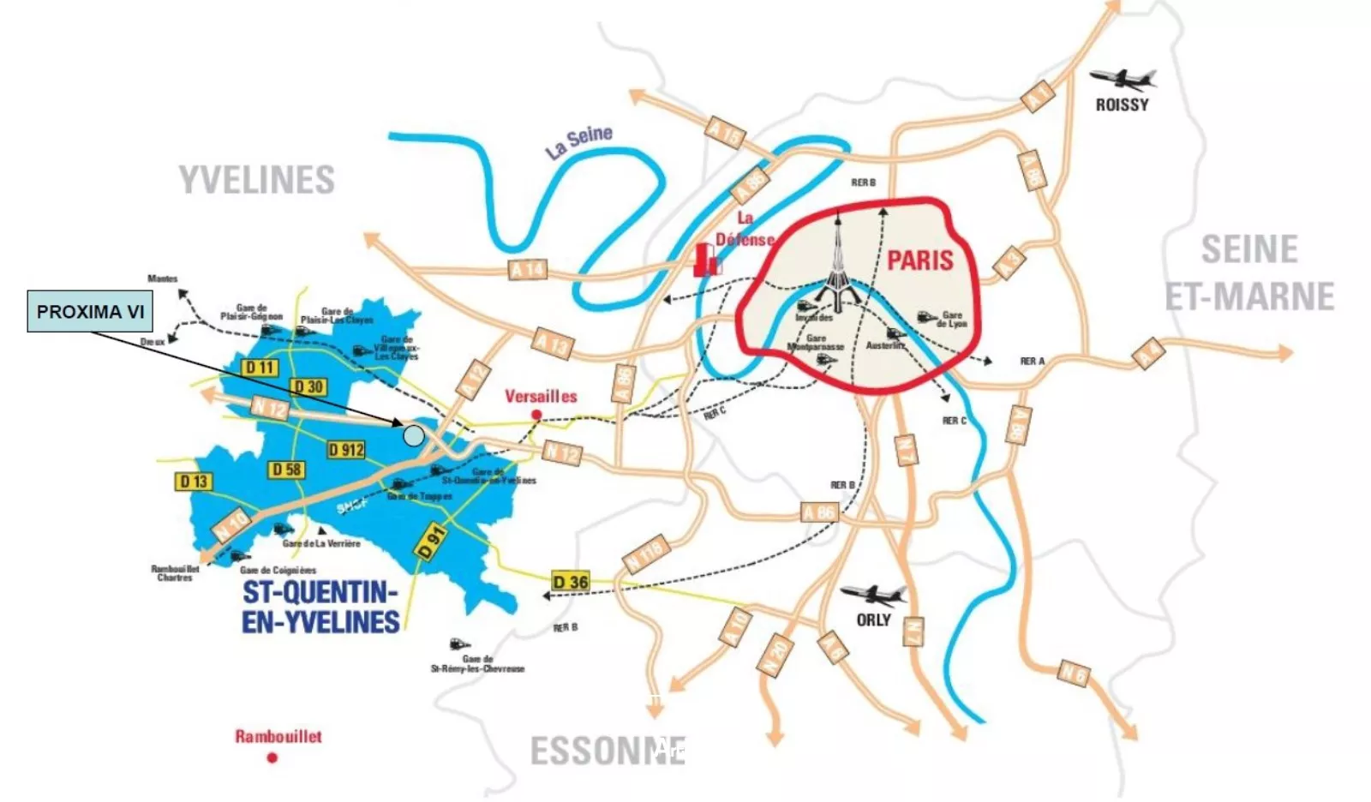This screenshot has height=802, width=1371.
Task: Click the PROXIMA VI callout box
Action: coord(90,311)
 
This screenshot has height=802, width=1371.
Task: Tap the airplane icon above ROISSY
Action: coord(1123,80)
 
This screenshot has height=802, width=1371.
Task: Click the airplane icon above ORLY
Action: coord(872,594)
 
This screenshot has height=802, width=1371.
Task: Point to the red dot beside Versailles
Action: coord(536,415)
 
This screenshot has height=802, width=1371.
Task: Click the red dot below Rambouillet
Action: coord(272,757)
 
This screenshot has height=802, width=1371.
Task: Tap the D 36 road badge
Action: coord(570,582)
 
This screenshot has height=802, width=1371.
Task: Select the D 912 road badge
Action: coord(346,449)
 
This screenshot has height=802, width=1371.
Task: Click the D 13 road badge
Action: coord(194,481)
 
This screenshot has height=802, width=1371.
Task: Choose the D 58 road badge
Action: coord(287,470)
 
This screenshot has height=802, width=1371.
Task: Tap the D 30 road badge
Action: coord(308,386)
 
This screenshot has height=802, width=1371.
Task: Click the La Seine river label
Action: coord(580,141)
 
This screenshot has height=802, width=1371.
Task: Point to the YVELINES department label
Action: coord(256,180)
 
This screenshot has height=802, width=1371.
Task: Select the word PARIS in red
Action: coord(919,260)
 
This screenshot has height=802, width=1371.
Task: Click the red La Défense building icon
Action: coord(706,260)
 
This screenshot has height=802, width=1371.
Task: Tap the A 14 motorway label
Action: coord(527,269)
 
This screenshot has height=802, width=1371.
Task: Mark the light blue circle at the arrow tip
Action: coord(413,435)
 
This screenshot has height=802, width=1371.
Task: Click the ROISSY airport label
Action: coord(1122,105)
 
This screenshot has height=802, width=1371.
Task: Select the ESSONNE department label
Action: coord(608,751)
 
